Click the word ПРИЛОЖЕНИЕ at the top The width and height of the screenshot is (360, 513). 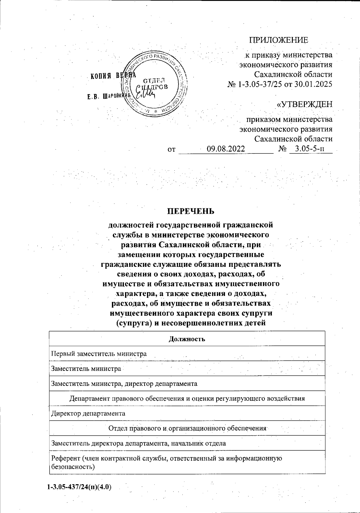(279, 40)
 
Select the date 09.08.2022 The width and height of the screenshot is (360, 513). (226, 149)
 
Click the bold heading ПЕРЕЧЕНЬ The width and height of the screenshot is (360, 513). (191, 211)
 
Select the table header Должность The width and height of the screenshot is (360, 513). (187, 339)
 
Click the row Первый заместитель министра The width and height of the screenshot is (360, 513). (99, 353)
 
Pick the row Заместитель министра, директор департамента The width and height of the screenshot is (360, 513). (124, 383)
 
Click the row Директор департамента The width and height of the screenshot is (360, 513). (88, 413)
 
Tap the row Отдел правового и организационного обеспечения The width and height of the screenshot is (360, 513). (187, 428)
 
